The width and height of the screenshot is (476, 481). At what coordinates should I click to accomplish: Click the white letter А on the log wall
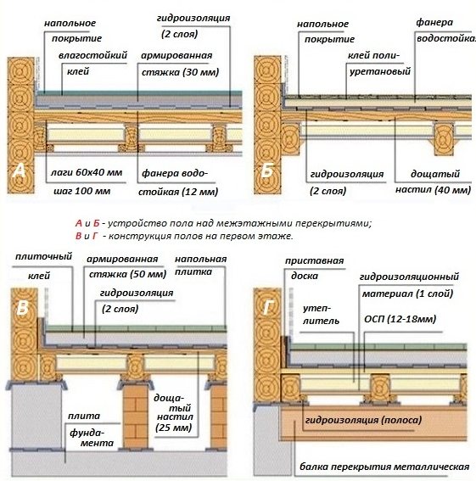pos(20,171)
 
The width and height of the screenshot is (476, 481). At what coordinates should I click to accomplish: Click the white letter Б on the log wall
pos(266,171)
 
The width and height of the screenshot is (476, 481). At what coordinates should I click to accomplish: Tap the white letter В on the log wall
pos(23,307)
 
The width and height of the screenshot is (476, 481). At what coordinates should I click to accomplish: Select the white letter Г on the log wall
pos(267,307)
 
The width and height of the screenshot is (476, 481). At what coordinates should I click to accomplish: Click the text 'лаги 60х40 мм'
pos(87,172)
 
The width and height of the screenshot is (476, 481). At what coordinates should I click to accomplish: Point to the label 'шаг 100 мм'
pos(82,191)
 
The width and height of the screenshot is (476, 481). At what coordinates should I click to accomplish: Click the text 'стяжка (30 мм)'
pos(180,72)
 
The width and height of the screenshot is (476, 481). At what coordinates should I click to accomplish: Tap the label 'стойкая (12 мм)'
pos(178,192)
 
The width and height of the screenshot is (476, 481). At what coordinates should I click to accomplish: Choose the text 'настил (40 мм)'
pos(433,190)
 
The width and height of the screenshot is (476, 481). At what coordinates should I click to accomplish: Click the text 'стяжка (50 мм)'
pos(127,274)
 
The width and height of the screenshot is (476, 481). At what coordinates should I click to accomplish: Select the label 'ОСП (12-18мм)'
pos(400,319)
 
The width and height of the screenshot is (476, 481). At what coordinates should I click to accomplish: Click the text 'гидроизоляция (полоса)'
pos(363,420)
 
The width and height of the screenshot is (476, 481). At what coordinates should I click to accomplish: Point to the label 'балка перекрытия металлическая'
pos(384,467)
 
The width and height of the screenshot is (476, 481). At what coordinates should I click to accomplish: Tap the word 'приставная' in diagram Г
pos(314,261)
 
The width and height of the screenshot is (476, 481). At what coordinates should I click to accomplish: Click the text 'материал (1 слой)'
pos(407,294)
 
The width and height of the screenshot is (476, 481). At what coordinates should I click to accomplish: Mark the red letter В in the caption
pos(79,236)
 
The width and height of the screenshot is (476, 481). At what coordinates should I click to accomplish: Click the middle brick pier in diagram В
pos(136,416)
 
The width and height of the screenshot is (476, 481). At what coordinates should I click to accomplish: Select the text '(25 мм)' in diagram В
pos(173,428)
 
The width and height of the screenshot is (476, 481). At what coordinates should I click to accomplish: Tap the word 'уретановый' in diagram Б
pos(380,72)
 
